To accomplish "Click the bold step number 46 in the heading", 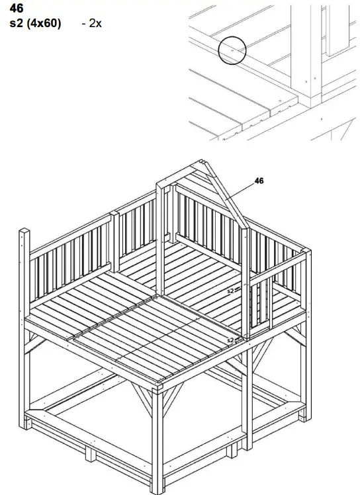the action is click(x=17, y=9).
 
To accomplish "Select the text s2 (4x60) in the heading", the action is click(x=35, y=23).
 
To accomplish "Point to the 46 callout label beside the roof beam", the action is click(x=259, y=181).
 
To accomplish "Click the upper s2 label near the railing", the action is click(x=230, y=291).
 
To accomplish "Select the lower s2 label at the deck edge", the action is click(x=230, y=340).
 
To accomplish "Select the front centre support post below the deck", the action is click(x=157, y=439).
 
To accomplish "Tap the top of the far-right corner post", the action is click(x=306, y=251).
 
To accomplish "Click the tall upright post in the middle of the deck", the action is click(x=161, y=240).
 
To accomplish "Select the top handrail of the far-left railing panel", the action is click(x=70, y=234).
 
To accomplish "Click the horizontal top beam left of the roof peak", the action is click(x=177, y=174).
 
